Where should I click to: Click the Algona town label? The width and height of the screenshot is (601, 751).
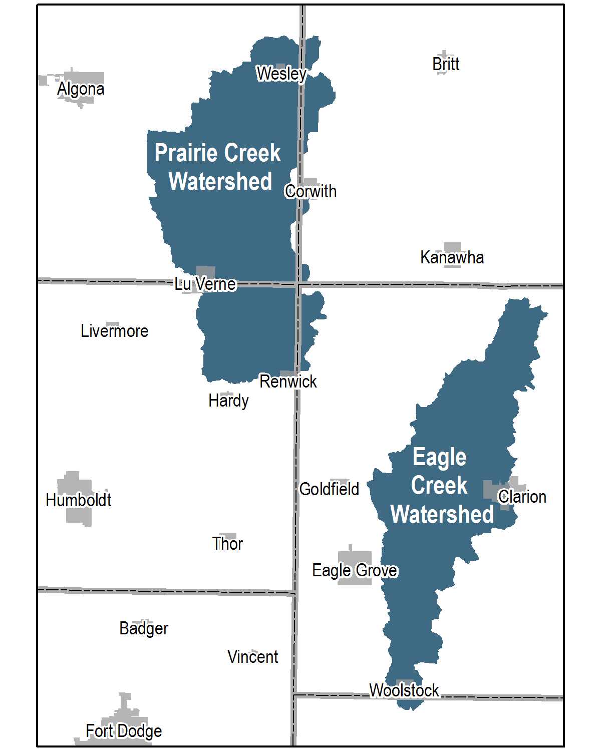click(81, 89)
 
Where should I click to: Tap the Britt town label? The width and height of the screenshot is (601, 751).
click(446, 64)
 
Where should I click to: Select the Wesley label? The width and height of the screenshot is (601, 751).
click(281, 74)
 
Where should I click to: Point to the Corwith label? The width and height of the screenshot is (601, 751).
click(311, 191)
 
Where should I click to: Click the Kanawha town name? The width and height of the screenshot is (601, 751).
click(452, 257)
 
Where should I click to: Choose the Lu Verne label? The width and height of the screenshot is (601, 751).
click(205, 284)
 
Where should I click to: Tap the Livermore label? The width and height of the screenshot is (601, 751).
click(115, 331)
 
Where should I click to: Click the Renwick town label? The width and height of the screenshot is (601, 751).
click(288, 382)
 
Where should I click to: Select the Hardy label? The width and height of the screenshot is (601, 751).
click(228, 401)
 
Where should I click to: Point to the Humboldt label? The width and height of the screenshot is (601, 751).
click(79, 500)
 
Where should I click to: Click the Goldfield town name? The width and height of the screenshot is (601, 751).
click(329, 489)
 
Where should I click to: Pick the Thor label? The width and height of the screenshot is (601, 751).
click(227, 544)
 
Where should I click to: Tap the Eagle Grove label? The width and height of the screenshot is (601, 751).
click(355, 570)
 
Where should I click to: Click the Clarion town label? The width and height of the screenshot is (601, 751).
click(522, 497)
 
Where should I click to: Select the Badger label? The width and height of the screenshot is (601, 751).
click(144, 628)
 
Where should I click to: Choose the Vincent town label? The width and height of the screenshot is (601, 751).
click(252, 657)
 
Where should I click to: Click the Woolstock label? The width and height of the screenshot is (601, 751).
click(404, 690)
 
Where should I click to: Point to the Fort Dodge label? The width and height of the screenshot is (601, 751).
click(124, 731)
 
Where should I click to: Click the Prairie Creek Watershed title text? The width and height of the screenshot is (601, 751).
click(218, 167)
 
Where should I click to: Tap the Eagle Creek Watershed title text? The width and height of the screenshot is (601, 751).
click(441, 486)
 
